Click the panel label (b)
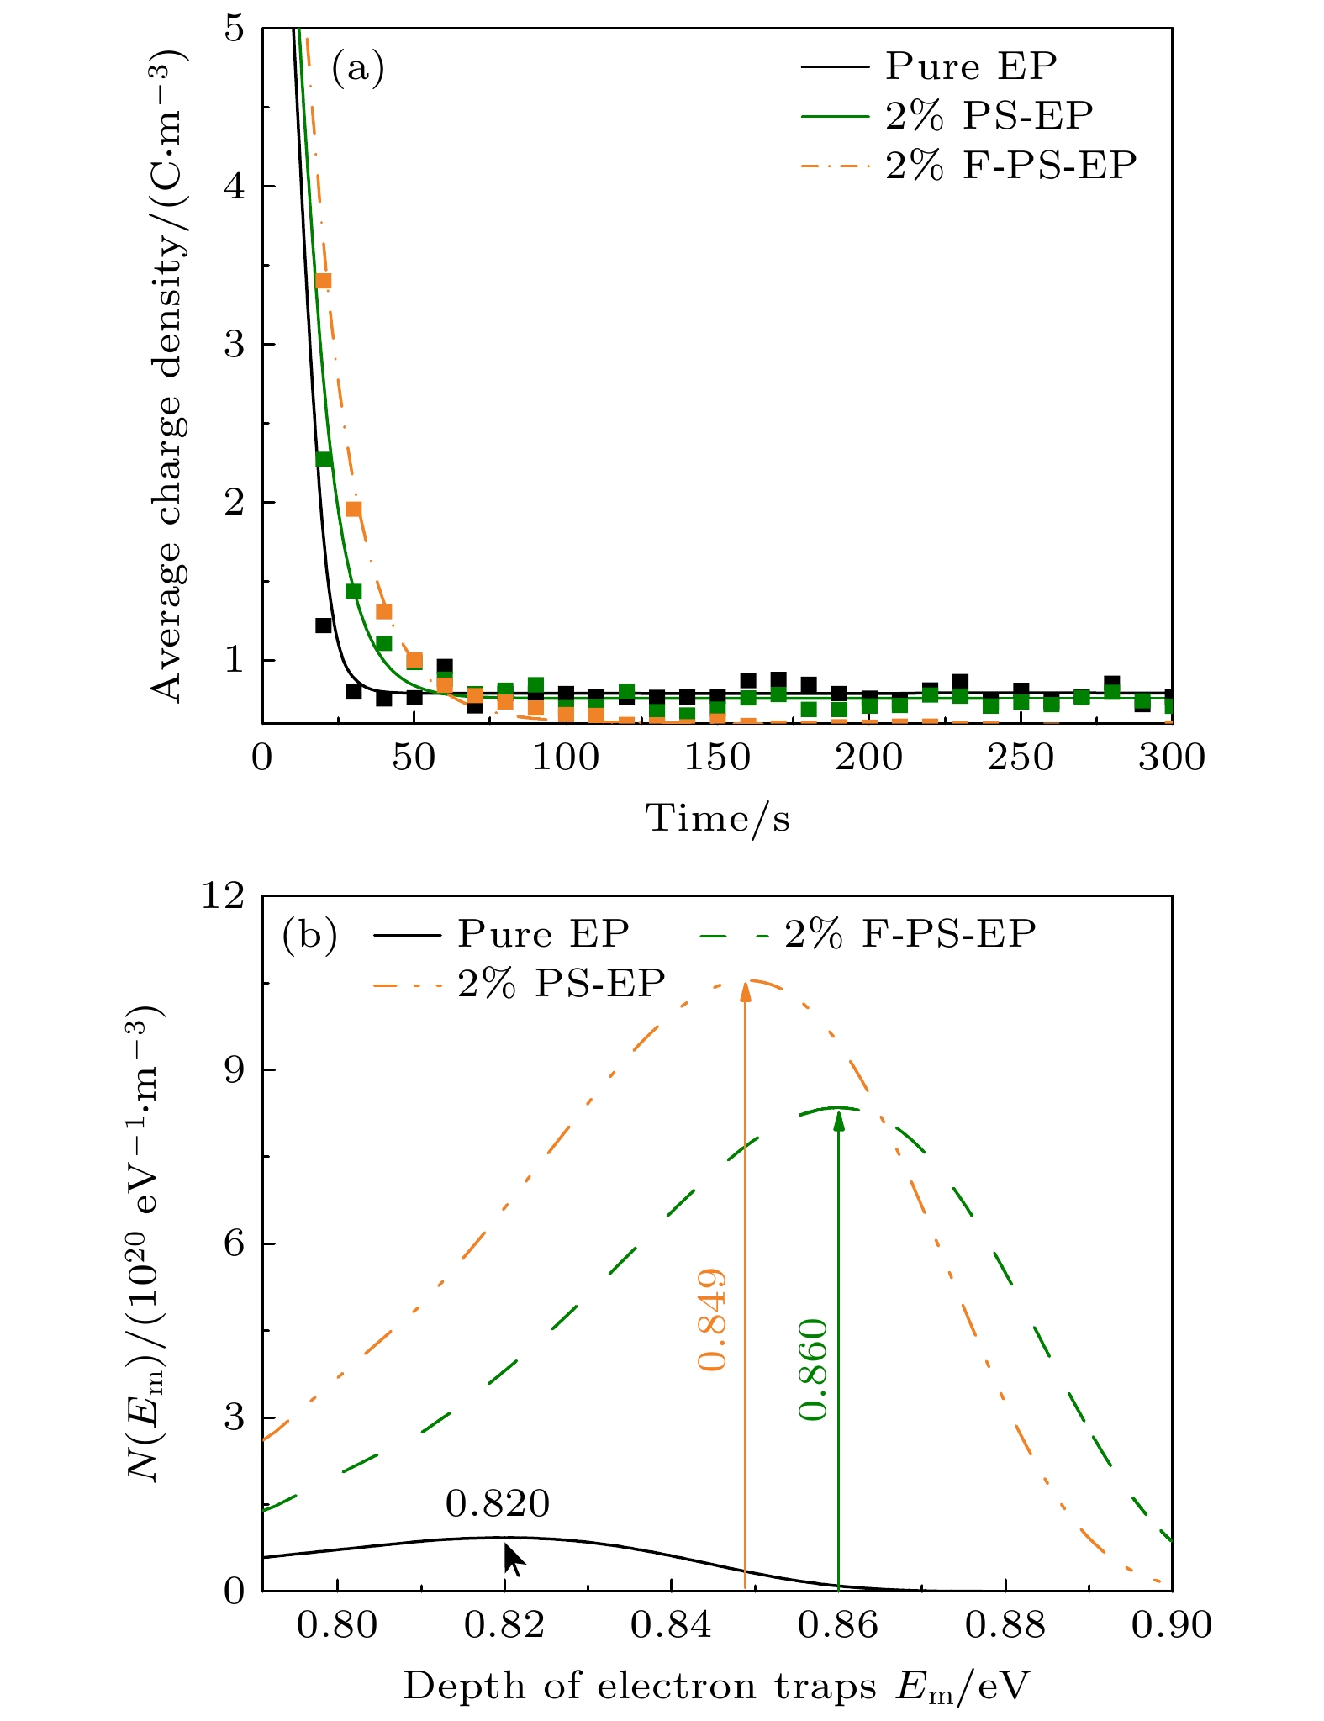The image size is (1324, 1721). click(310, 934)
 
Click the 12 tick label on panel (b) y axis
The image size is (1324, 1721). click(222, 895)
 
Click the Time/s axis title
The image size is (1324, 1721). click(717, 818)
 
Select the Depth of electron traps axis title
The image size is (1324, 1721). click(716, 1686)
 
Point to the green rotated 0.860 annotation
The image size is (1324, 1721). click(813, 1370)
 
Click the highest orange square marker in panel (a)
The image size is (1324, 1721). click(323, 281)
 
